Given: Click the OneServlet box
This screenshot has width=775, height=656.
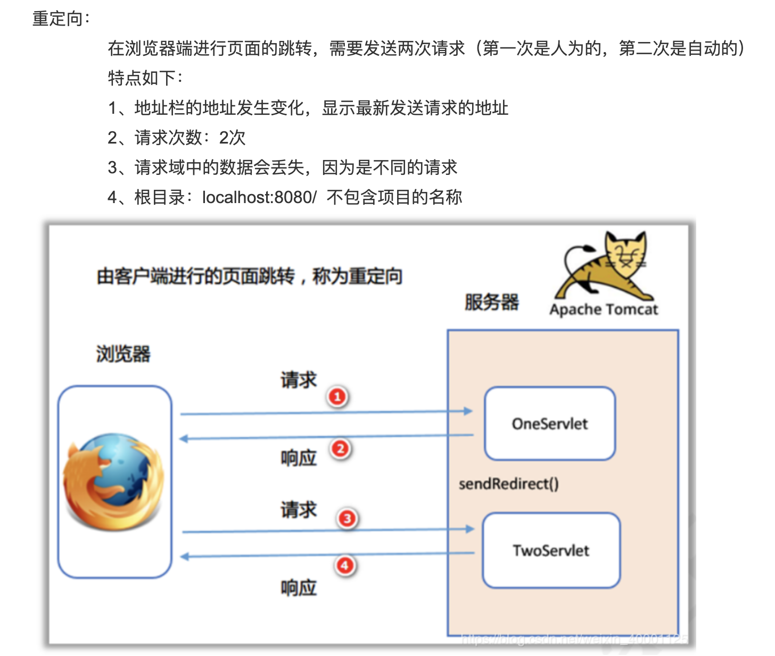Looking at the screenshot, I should (x=550, y=424).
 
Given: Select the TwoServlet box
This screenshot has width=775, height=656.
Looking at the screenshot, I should (x=551, y=550).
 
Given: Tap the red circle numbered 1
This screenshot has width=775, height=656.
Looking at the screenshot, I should (x=337, y=397).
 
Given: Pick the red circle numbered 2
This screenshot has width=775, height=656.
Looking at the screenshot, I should (x=341, y=449).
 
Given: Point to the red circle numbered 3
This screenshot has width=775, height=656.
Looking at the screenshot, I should (x=347, y=518).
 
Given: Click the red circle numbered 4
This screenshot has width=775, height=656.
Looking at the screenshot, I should (x=345, y=565).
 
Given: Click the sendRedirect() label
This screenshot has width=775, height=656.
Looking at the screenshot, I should (x=508, y=484).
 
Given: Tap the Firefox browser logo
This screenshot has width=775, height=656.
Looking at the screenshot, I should (x=113, y=482).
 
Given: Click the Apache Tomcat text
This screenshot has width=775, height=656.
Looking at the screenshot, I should (x=604, y=309).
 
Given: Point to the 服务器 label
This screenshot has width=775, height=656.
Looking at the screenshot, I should (x=491, y=302).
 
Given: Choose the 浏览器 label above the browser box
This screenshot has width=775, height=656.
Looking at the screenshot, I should (x=123, y=354).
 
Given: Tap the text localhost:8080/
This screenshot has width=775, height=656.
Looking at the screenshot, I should (x=259, y=197).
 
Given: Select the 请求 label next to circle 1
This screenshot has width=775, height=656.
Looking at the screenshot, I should (x=299, y=380).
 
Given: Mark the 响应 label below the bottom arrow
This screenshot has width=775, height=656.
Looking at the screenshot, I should (x=299, y=588).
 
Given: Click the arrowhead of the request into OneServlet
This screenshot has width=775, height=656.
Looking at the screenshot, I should (x=468, y=411).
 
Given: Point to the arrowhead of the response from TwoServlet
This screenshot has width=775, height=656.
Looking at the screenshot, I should (x=185, y=557).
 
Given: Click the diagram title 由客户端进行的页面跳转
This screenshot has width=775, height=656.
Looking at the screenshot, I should (x=195, y=276).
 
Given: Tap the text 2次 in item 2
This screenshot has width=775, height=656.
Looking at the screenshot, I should (x=232, y=138).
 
